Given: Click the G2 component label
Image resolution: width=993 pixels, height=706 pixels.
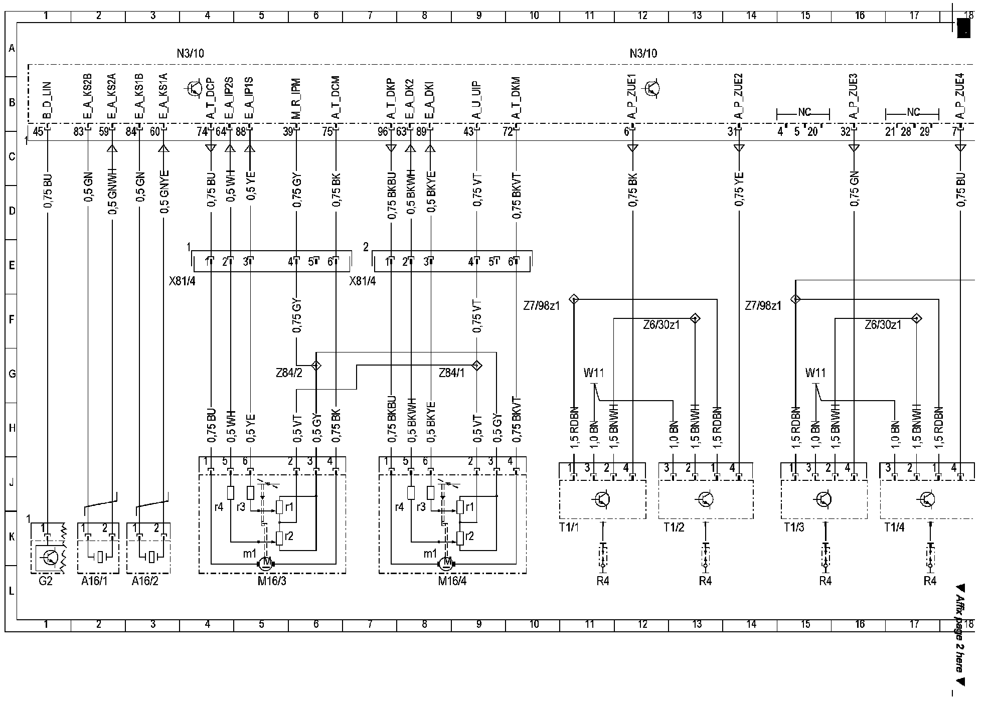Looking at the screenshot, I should coord(45,582).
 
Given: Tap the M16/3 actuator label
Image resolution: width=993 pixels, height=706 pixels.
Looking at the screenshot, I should coord(271,582).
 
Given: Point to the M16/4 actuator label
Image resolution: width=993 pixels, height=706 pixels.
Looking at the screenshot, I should coord(452,582).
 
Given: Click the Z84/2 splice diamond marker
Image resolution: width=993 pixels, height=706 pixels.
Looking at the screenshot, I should coord(316,365).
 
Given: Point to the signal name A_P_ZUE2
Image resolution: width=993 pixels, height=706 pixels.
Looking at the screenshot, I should coord(738,96).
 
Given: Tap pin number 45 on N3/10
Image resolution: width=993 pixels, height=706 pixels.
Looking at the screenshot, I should coord(38,132).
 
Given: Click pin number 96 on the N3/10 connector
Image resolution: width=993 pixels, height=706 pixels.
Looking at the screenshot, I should coord(383,132).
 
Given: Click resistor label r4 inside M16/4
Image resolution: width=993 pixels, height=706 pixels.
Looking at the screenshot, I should coord(399,507).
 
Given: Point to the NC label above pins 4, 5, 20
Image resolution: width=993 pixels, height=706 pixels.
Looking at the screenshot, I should coord(803,112).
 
